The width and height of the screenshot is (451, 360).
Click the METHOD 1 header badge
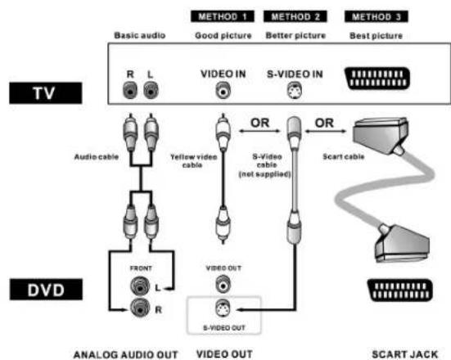click(223, 16)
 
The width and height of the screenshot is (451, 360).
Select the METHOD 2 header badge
click(295, 16)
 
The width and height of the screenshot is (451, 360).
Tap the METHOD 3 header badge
click(377, 16)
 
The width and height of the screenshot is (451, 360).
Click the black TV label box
click(46, 93)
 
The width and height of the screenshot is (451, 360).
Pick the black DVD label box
click(46, 290)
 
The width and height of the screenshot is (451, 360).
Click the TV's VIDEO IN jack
click(223, 90)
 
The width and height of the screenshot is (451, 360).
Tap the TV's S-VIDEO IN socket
click(295, 90)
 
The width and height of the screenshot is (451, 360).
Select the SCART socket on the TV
click(377, 79)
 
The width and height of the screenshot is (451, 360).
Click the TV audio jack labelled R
click(130, 90)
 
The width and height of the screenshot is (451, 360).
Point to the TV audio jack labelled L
click(151, 90)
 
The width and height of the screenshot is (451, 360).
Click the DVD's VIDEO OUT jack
click(223, 284)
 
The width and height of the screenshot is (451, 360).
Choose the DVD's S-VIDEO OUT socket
click(223, 308)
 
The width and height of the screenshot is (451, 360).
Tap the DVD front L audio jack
click(140, 286)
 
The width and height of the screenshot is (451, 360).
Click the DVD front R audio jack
click(140, 308)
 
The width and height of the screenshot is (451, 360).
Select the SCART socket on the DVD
click(399, 290)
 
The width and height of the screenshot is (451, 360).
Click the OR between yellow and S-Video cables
click(259, 123)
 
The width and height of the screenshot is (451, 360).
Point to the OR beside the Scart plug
click(324, 123)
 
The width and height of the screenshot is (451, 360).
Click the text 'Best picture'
click(376, 36)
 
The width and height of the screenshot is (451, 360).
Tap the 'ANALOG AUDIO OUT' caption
click(126, 354)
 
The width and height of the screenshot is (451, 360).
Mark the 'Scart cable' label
click(344, 157)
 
